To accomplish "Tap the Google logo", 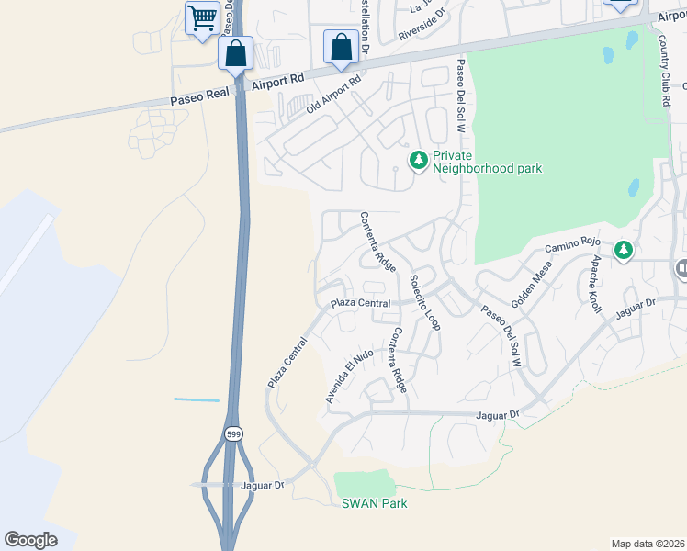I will [x=30, y=540].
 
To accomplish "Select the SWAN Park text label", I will [x=374, y=504].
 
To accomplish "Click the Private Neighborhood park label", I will [x=487, y=163].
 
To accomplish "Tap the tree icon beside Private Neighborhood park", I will [x=419, y=162].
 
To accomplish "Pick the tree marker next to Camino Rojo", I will [x=625, y=250].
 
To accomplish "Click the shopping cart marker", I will [x=202, y=17].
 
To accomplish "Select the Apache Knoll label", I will [x=596, y=285].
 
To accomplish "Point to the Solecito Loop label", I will [x=425, y=303].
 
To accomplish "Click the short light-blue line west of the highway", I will [x=197, y=400].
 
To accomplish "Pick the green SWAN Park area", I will [x=363, y=483].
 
